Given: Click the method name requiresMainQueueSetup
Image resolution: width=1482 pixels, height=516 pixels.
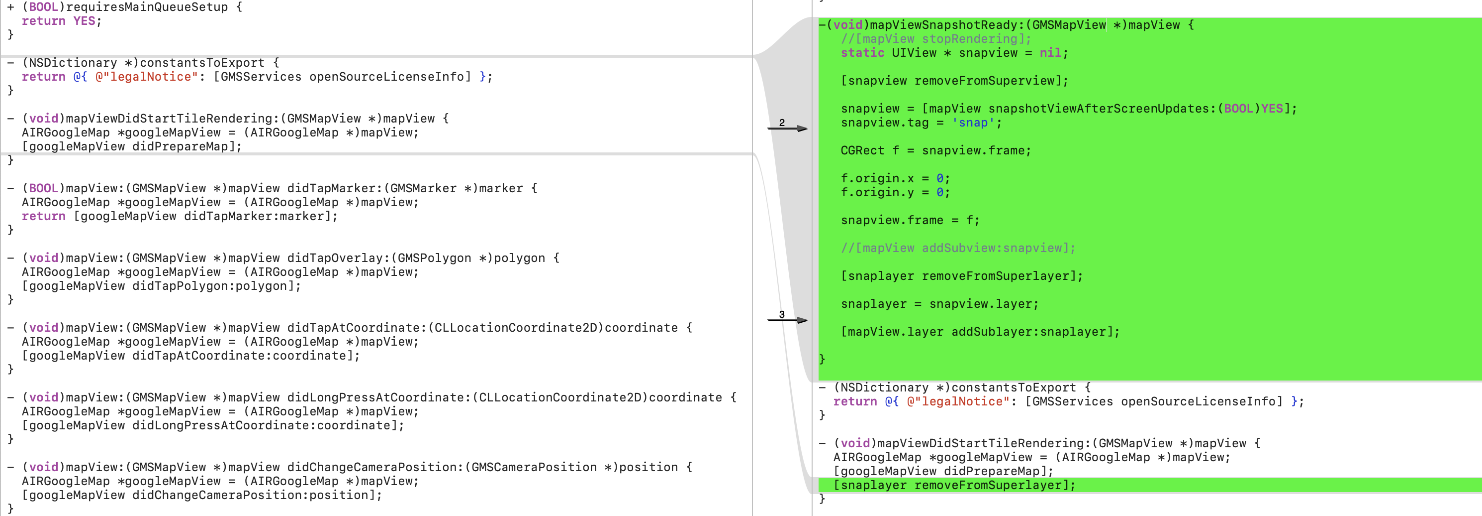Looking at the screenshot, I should point(147,7).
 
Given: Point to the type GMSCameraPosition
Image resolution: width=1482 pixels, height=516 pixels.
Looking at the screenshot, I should point(534,467).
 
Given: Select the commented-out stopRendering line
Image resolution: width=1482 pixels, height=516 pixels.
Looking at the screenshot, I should point(936,38).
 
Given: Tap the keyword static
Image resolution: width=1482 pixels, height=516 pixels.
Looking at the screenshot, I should point(862,53).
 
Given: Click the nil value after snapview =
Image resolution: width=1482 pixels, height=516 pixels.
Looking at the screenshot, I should point(1050,53).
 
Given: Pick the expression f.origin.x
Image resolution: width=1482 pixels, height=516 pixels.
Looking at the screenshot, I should point(877,178).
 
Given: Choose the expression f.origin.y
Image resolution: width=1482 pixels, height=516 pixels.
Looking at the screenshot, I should point(877,192).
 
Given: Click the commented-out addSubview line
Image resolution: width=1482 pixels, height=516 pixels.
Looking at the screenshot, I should point(958,248).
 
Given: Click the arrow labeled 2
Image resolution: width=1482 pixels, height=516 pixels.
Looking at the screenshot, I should point(788,128).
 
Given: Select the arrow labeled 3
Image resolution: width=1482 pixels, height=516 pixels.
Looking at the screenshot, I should point(788,320).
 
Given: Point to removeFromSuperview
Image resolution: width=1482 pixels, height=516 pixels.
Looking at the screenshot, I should point(987,81).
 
